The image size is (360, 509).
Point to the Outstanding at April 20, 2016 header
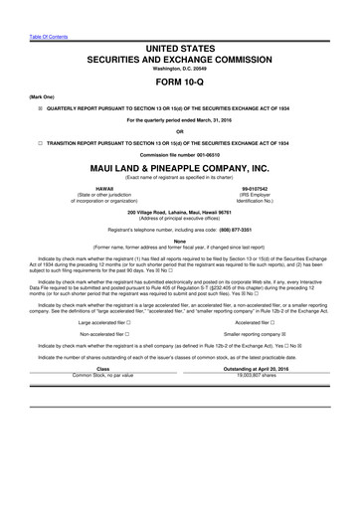click(257, 369)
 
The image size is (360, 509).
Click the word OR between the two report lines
click(180, 130)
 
